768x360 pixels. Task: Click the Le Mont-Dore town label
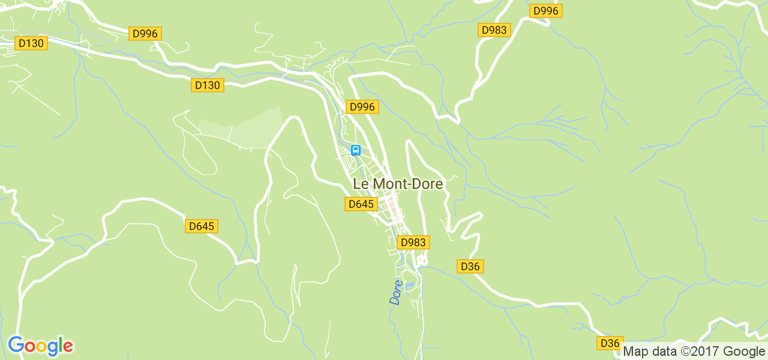(x=398, y=184)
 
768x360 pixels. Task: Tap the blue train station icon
(x=356, y=150)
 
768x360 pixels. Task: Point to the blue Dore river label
(x=396, y=292)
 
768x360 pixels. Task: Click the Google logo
(x=41, y=346)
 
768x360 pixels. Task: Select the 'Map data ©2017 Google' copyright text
(x=694, y=352)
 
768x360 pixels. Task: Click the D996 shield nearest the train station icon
(x=362, y=107)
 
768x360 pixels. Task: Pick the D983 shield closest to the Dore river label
(x=413, y=242)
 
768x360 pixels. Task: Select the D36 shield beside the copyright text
(x=610, y=343)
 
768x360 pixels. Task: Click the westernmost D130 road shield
(x=31, y=43)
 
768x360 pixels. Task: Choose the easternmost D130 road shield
(x=208, y=85)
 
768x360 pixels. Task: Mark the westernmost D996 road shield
(x=145, y=34)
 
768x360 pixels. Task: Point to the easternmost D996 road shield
(x=546, y=11)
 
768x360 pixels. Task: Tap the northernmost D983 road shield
(x=494, y=30)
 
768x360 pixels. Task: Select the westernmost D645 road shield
(x=201, y=226)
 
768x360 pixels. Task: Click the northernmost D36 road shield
(x=470, y=266)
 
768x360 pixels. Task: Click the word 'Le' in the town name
(x=361, y=184)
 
